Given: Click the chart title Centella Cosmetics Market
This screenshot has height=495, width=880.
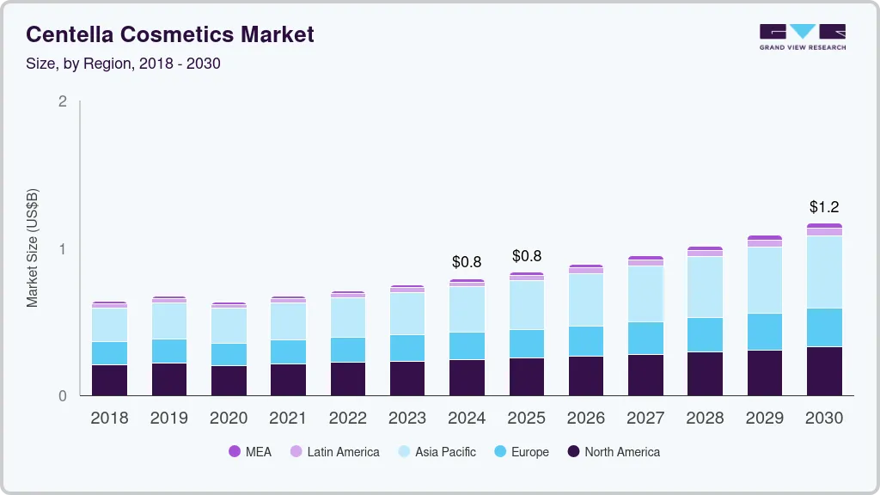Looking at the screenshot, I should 170,34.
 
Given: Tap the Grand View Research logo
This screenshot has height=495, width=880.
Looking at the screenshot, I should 802,36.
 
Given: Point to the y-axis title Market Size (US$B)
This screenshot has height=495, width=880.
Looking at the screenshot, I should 33,247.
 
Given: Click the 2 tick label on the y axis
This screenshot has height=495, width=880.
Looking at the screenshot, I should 62,101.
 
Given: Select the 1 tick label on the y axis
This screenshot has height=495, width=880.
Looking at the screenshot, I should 62,249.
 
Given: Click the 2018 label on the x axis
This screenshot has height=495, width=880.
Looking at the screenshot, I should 109,419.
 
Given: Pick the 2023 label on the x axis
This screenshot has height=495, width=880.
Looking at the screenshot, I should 407,419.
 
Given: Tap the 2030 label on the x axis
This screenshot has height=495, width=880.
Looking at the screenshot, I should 825,419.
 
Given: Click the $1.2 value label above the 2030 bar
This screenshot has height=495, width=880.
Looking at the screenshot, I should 825,207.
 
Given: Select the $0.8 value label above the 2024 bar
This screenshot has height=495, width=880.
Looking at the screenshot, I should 467,262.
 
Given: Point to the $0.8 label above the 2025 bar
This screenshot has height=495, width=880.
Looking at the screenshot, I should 527,256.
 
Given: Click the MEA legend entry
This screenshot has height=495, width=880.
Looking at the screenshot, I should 250,452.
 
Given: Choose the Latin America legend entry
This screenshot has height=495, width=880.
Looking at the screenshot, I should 334,452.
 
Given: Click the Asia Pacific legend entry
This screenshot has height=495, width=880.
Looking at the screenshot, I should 437,452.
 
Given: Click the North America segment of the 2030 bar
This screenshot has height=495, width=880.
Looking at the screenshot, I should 825,371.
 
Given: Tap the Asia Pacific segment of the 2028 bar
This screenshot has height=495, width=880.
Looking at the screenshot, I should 706,287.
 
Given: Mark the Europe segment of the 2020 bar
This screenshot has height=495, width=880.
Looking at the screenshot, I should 229,355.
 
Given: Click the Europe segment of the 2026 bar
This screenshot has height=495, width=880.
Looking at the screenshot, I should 586,341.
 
